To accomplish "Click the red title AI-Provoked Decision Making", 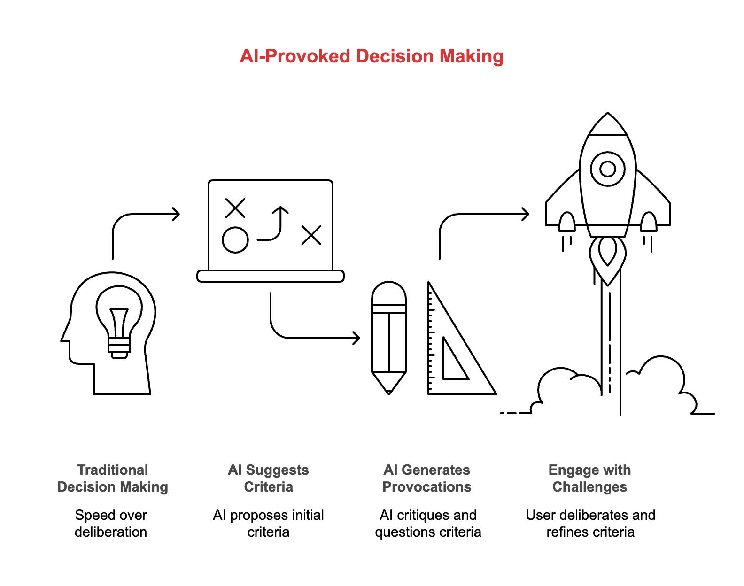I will [x=372, y=56].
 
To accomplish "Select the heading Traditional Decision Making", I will [x=113, y=478].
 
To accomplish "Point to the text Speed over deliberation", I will [x=111, y=524].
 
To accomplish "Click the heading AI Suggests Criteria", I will [x=269, y=478].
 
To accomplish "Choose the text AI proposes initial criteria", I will [x=269, y=524].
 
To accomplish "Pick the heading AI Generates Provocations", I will [x=427, y=478].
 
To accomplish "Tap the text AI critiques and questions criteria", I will [x=428, y=524].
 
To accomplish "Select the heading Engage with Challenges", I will [x=590, y=478].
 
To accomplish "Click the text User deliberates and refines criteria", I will [x=590, y=524].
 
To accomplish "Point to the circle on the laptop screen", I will [x=235, y=240].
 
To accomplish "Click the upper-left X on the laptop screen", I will [x=235, y=208].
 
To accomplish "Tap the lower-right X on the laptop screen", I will [x=311, y=235].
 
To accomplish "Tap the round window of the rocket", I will [x=608, y=169].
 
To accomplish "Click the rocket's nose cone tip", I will [x=608, y=115].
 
